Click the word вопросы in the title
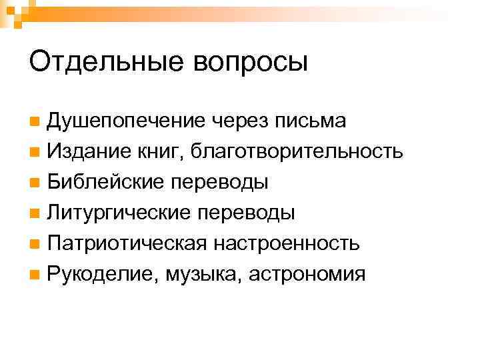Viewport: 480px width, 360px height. coord(251,63)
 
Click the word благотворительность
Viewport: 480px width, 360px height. coord(297,152)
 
